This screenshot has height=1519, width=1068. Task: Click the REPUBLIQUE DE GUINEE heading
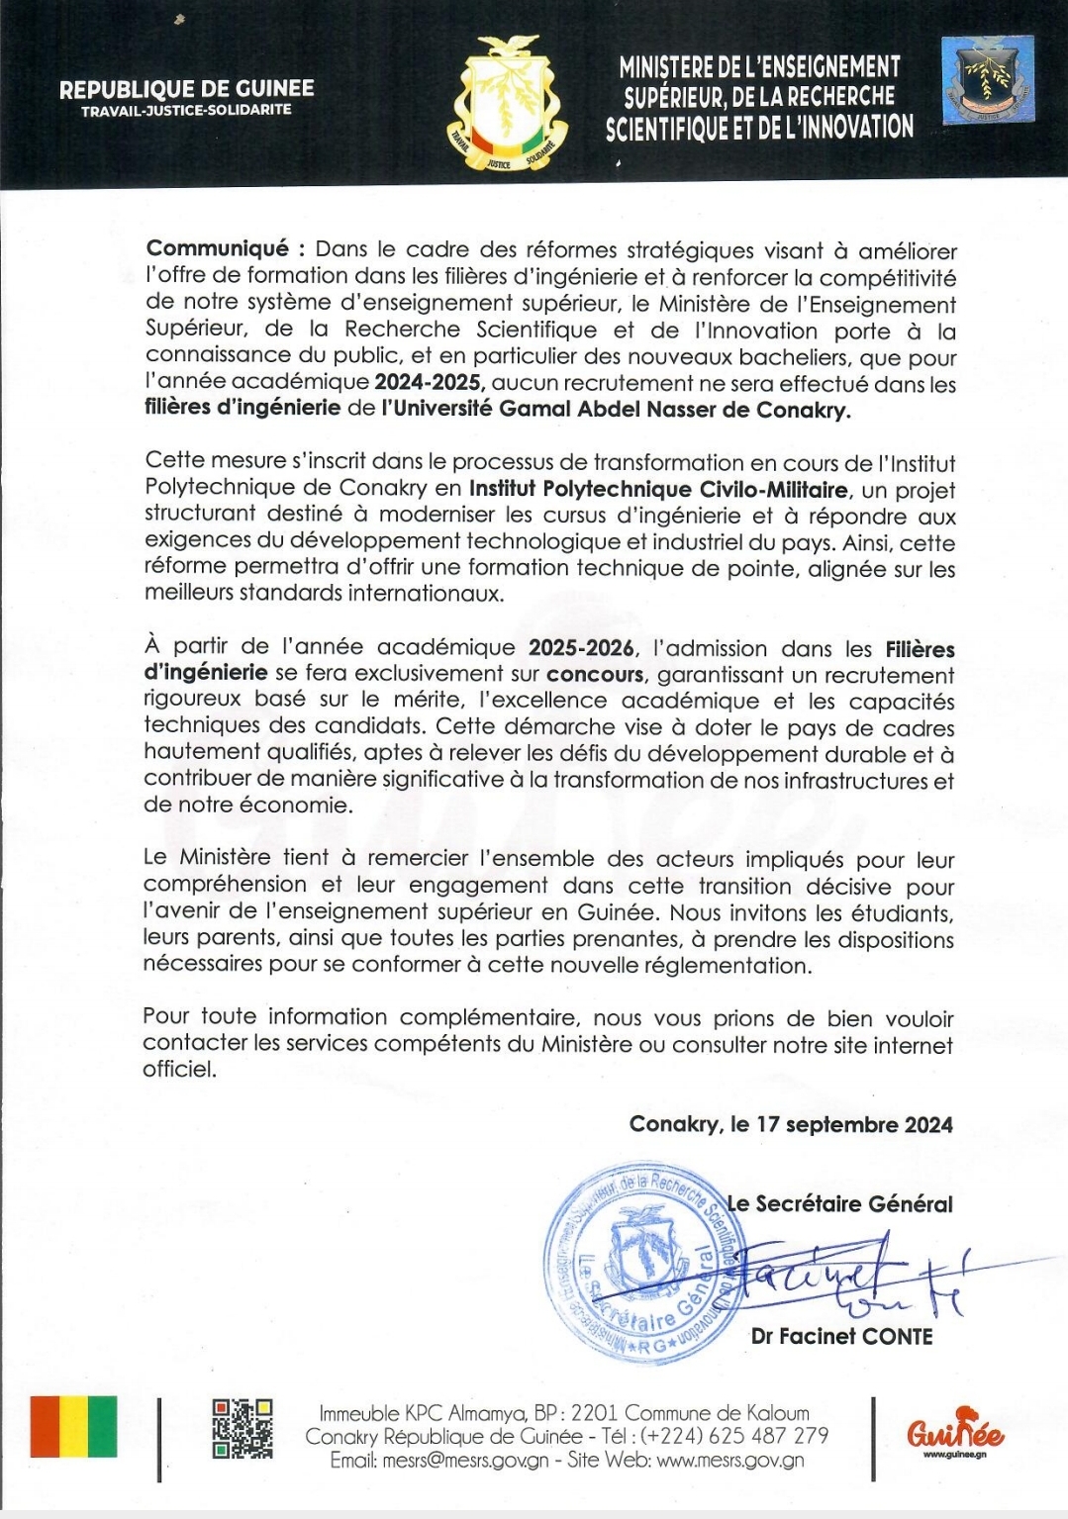pyautogui.click(x=186, y=88)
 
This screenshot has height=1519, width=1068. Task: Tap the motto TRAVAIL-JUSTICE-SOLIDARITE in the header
pyautogui.click(x=186, y=111)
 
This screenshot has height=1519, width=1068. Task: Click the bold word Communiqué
pyautogui.click(x=217, y=249)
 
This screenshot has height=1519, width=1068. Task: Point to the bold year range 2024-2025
pyautogui.click(x=430, y=383)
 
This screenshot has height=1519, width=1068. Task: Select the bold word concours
pyautogui.click(x=595, y=675)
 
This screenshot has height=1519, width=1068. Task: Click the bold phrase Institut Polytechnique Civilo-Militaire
pyautogui.click(x=658, y=489)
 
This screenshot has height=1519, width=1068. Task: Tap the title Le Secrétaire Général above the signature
pyautogui.click(x=840, y=1203)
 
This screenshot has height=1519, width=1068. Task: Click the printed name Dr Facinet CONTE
pyautogui.click(x=841, y=1336)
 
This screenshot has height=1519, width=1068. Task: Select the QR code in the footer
pyautogui.click(x=243, y=1428)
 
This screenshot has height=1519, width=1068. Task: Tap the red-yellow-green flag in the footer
pyautogui.click(x=73, y=1427)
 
